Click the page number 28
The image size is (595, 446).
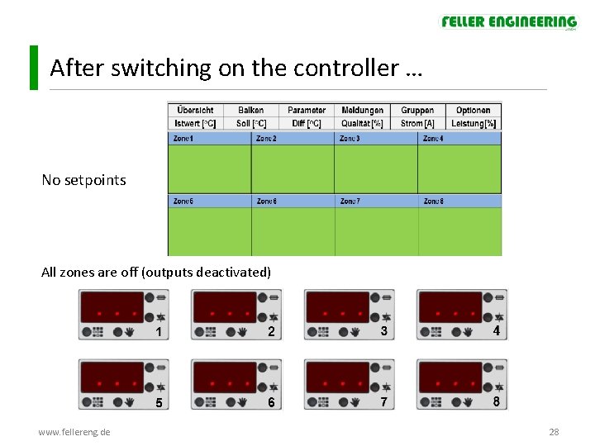coord(554,432)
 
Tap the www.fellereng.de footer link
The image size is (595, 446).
coord(74,432)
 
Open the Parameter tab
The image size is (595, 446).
coord(307,110)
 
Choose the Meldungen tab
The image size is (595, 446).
coord(362,110)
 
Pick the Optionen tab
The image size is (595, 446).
coord(473,110)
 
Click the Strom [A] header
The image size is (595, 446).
coord(417,123)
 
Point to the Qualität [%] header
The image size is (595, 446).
coord(362,123)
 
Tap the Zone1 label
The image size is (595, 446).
coord(183,139)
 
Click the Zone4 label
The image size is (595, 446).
coord(433,139)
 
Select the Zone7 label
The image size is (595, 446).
coord(350,201)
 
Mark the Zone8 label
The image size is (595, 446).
coord(433,201)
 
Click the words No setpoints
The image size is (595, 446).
coord(83,179)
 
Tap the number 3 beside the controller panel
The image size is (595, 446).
coord(383,331)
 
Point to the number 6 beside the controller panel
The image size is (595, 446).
coord(270,402)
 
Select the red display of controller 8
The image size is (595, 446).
coord(450,377)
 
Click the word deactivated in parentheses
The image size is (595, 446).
coord(234,272)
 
